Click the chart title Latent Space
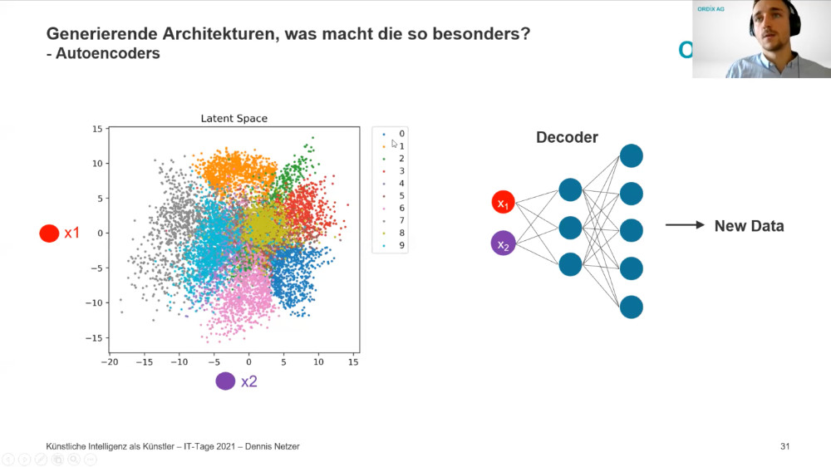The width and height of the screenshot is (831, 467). [234, 119]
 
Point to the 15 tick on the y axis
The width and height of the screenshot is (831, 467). [97, 129]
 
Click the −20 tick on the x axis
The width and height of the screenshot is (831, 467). [109, 362]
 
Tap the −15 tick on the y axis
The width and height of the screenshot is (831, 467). [94, 337]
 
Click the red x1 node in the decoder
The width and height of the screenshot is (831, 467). [503, 203]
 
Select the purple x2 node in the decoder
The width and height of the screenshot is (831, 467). [503, 243]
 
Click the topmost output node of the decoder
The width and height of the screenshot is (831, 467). [632, 156]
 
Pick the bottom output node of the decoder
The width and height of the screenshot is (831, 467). [632, 307]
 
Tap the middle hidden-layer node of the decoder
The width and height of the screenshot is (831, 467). [570, 228]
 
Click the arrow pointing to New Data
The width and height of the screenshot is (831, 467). [685, 225]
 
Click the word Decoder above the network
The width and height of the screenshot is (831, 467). [567, 137]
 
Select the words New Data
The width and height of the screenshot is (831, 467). [749, 226]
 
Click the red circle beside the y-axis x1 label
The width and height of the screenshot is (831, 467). [49, 233]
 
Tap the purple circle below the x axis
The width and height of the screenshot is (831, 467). [225, 381]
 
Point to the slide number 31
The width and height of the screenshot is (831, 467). [785, 446]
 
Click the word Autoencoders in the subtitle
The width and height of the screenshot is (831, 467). [107, 53]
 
